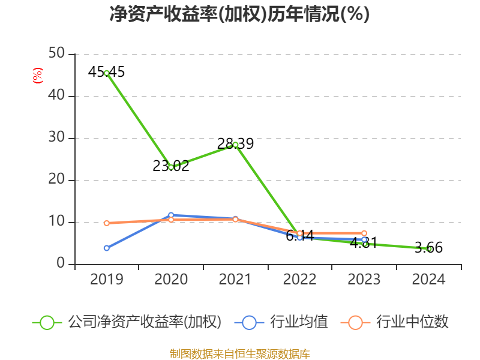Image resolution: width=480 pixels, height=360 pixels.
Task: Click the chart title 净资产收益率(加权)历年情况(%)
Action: [x=239, y=14]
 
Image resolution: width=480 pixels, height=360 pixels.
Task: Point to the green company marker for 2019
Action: [x=106, y=73]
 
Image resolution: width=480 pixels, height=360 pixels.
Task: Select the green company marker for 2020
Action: [x=171, y=167]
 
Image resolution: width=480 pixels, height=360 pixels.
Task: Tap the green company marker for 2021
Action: [x=235, y=145]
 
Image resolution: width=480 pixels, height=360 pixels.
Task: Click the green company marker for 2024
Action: [x=428, y=248]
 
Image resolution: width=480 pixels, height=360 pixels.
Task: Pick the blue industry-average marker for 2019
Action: [x=106, y=248]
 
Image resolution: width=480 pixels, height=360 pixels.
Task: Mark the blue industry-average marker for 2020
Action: [x=171, y=215]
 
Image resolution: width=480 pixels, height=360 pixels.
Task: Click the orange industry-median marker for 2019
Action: [x=106, y=223]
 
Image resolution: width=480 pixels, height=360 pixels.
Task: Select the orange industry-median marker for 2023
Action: [x=364, y=233]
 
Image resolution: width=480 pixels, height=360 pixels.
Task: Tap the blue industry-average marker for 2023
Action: [x=364, y=239]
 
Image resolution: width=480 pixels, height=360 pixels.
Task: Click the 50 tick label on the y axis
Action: [x=58, y=54]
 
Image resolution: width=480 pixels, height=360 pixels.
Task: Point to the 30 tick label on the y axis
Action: [x=58, y=138]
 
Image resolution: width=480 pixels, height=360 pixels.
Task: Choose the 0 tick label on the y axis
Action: [x=61, y=264]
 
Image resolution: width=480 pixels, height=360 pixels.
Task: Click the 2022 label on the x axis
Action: [x=299, y=280]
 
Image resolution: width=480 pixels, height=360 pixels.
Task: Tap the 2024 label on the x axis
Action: [x=428, y=280]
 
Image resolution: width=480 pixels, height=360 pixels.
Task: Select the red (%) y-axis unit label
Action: [x=38, y=76]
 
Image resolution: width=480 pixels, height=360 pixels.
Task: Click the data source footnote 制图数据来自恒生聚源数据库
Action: [x=239, y=353]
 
